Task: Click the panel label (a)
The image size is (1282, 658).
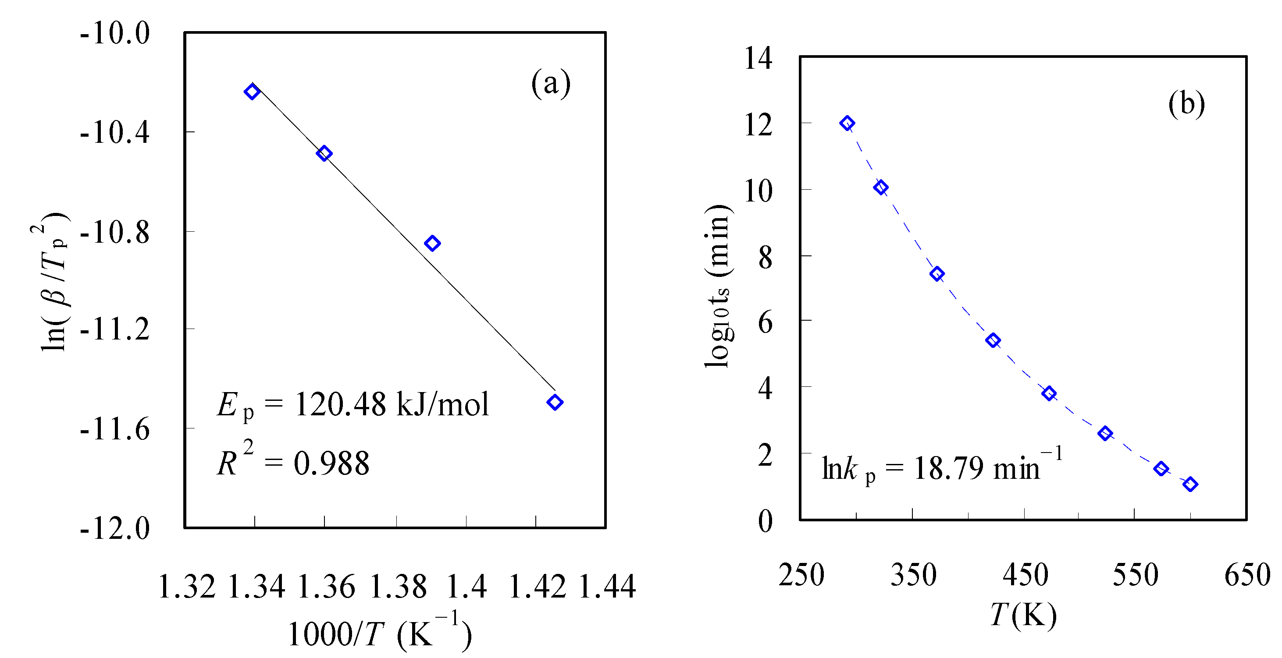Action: click(550, 83)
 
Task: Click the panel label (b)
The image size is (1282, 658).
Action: click(1186, 104)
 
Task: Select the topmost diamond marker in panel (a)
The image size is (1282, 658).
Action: click(252, 92)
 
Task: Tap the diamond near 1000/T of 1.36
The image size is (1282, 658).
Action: click(324, 153)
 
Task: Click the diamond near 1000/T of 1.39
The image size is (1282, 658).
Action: click(432, 243)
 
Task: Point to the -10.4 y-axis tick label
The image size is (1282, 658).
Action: click(114, 133)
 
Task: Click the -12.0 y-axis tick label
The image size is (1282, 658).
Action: click(114, 528)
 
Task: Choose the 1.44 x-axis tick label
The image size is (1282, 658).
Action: click(607, 587)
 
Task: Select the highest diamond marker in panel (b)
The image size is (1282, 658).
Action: click(847, 124)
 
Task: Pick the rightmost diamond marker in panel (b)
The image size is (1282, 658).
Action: click(1190, 484)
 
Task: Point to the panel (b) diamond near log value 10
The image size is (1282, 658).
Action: click(881, 187)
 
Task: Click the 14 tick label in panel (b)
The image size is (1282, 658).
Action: click(758, 58)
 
